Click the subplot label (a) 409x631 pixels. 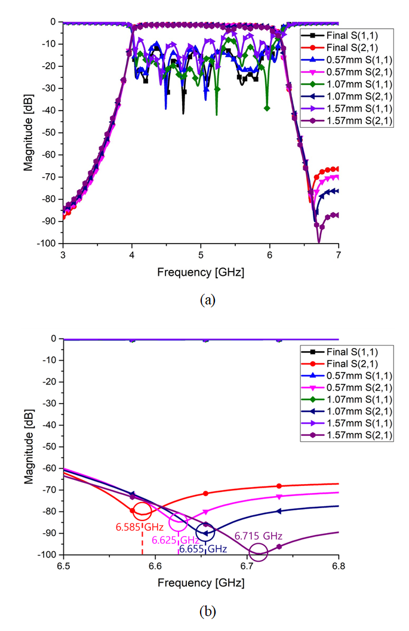click(207, 300)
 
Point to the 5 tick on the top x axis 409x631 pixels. click(201, 253)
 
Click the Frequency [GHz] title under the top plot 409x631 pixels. click(201, 272)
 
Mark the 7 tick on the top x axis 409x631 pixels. click(339, 253)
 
